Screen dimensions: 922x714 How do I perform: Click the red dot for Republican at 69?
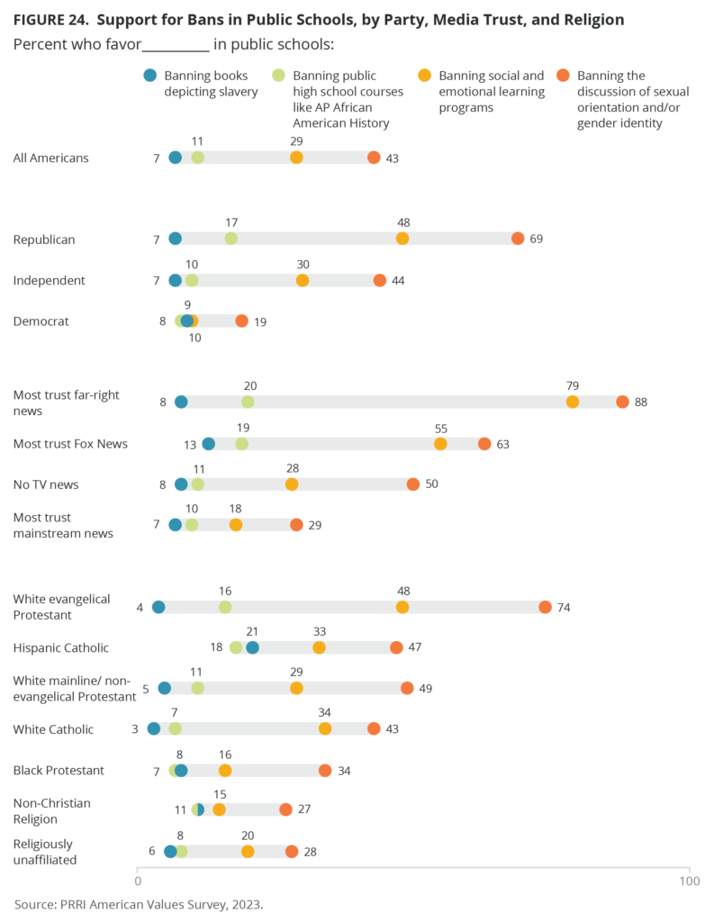pyautogui.click(x=518, y=239)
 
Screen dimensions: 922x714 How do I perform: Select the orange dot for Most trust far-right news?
pyautogui.click(x=573, y=402)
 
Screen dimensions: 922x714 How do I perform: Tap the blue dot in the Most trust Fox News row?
pyautogui.click(x=209, y=443)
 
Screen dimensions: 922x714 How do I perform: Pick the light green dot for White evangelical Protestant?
pyautogui.click(x=225, y=607)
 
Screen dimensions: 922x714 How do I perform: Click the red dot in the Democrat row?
pyautogui.click(x=241, y=321)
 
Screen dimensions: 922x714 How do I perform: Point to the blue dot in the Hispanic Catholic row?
pyautogui.click(x=252, y=647)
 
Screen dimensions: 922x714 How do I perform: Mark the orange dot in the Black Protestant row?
pyautogui.click(x=225, y=770)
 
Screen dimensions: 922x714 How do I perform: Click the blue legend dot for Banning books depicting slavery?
pyautogui.click(x=150, y=76)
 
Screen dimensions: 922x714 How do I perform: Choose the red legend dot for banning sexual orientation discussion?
pyautogui.click(x=564, y=76)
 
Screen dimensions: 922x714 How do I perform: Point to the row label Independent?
pyautogui.click(x=50, y=280)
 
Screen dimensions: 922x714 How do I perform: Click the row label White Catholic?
pyautogui.click(x=53, y=728)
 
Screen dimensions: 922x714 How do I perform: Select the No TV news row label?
pyautogui.click(x=46, y=484)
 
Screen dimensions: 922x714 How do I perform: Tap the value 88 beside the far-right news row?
pyautogui.click(x=640, y=402)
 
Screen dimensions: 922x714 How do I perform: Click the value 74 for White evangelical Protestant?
pyautogui.click(x=564, y=607)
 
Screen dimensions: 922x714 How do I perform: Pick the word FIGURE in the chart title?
pyautogui.click(x=41, y=19)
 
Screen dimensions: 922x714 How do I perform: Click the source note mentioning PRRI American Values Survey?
pyautogui.click(x=139, y=902)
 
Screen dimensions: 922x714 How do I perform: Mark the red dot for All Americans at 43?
pyautogui.click(x=374, y=158)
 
